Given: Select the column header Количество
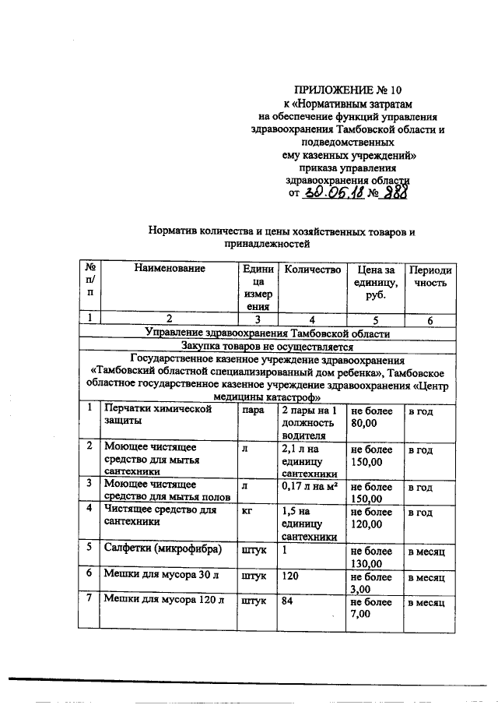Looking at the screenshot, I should click(x=313, y=270).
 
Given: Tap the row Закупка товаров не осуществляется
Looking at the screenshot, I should click(x=267, y=347).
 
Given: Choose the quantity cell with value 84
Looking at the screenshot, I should click(x=289, y=602).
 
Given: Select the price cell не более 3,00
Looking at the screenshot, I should click(x=371, y=583).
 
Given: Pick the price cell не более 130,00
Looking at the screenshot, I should click(x=371, y=556).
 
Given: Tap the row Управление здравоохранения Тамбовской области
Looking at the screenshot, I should click(x=267, y=333).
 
